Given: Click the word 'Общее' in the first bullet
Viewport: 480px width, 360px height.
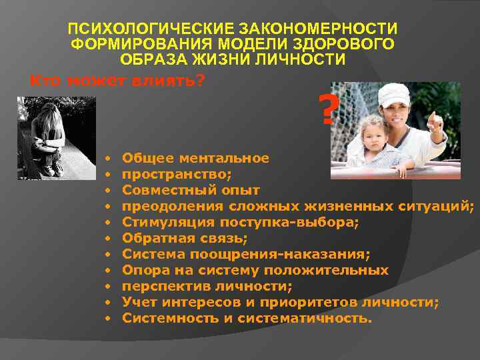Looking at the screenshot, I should [x=147, y=159].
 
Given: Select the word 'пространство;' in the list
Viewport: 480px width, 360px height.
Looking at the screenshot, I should [x=177, y=175].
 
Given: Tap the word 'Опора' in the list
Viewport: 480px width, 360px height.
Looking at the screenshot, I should [x=144, y=271].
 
